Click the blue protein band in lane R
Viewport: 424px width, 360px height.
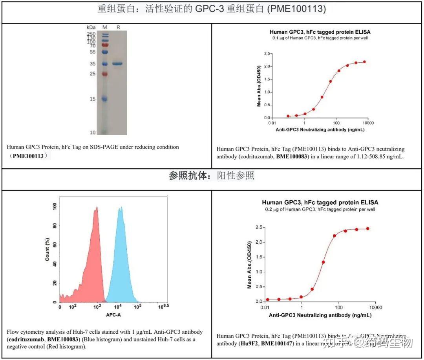click(x=117, y=64)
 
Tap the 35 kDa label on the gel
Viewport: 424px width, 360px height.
click(x=92, y=64)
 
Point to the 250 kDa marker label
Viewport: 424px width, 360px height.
click(x=92, y=34)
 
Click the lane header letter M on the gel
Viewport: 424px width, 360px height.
click(x=105, y=27)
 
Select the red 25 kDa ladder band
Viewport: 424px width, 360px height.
click(x=105, y=74)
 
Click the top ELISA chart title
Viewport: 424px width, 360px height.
click(x=320, y=32)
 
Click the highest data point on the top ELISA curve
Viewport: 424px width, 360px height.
click(x=364, y=62)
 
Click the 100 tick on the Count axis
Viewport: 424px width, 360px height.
click(x=54, y=205)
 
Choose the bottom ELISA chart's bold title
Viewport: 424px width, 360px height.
click(x=320, y=202)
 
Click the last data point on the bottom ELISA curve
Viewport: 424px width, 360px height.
click(x=368, y=229)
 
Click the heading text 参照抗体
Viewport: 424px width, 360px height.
click(x=191, y=176)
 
